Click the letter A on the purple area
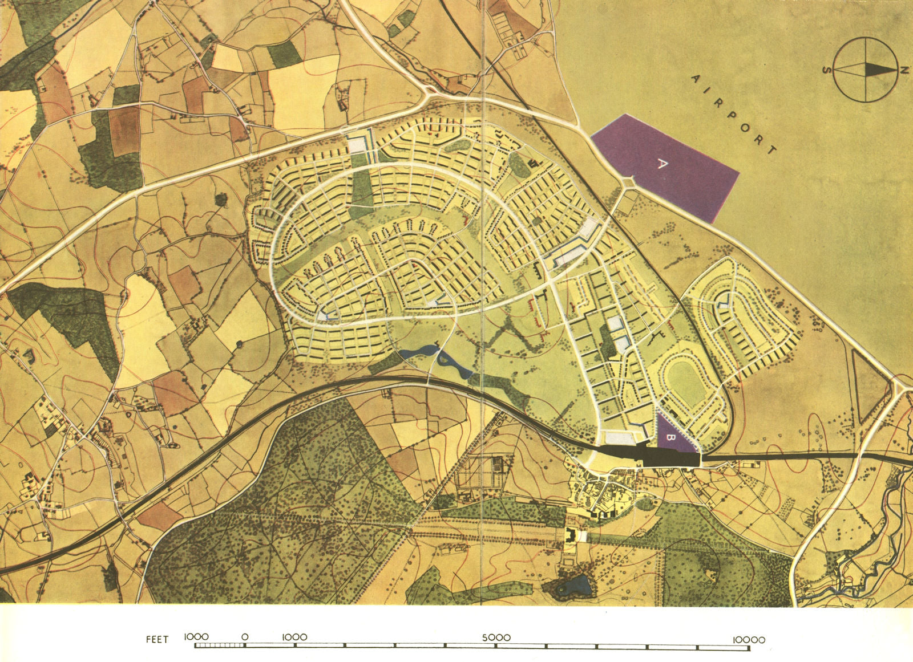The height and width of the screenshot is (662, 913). (x=662, y=164)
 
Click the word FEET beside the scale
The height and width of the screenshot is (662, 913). (x=157, y=639)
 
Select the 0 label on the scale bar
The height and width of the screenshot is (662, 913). (x=244, y=637)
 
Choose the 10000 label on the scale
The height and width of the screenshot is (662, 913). (x=749, y=639)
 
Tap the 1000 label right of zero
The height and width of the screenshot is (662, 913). (x=294, y=637)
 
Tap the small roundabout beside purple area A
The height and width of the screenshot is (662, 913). (x=629, y=183)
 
